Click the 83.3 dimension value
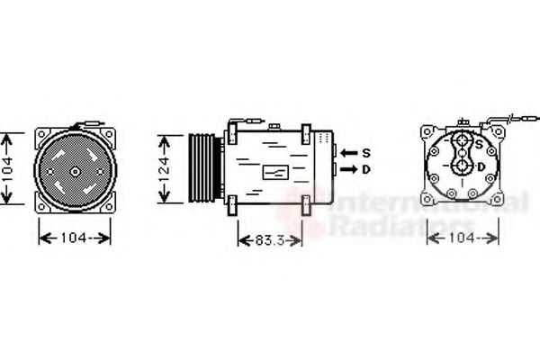(x=270, y=240)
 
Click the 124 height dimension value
(x=165, y=169)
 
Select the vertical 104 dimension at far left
(x=7, y=169)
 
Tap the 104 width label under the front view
(x=74, y=238)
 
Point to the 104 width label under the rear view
(x=462, y=238)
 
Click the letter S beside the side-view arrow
(x=366, y=153)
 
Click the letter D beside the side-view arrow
(x=366, y=169)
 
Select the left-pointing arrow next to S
(x=349, y=153)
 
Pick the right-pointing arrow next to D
(x=349, y=169)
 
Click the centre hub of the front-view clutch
(x=75, y=172)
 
